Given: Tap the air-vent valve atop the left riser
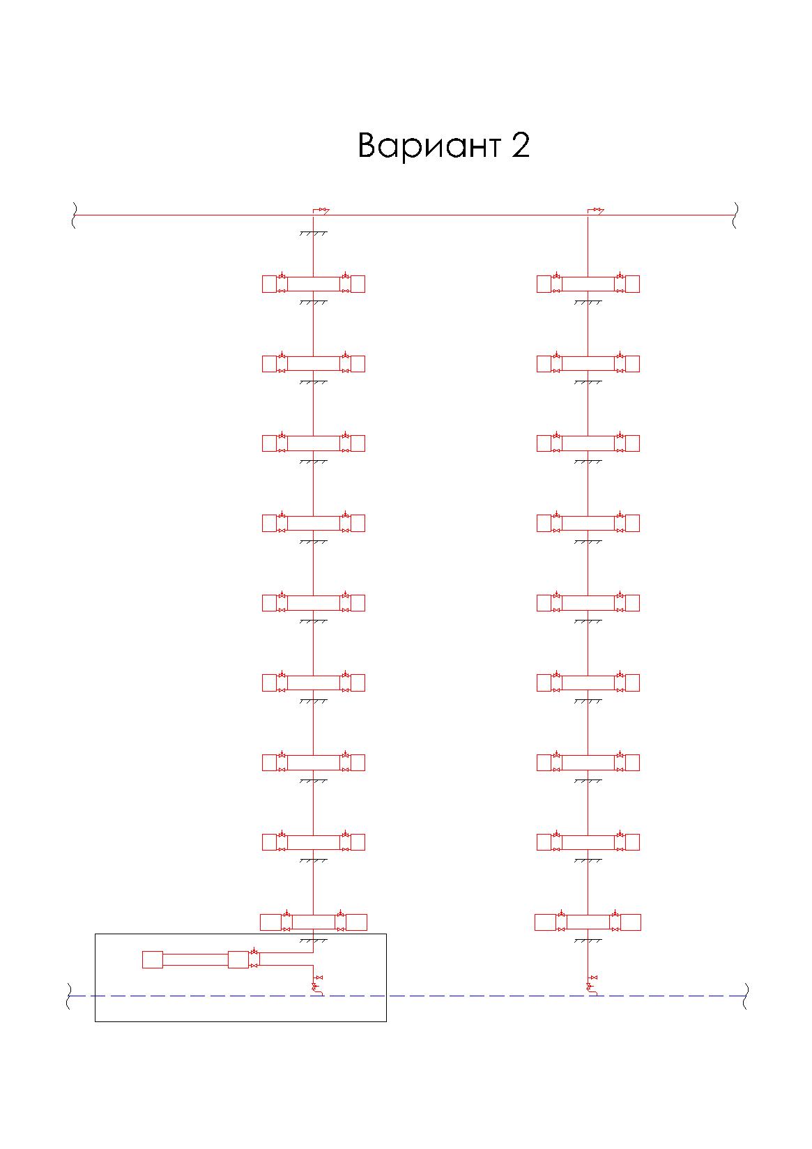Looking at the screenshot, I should click(321, 210).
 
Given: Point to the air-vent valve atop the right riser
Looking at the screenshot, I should click(596, 210).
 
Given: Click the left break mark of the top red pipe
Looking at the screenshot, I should click(73, 215).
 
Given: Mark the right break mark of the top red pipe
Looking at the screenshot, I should click(735, 215).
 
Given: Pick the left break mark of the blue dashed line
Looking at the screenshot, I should click(68, 996).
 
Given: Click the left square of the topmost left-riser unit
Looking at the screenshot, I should click(269, 284).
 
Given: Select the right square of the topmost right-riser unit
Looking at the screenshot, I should click(632, 284).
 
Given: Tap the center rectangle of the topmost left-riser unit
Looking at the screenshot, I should click(314, 284).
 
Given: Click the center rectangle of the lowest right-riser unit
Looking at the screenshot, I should click(588, 922).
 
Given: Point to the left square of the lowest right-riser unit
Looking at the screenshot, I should click(545, 922).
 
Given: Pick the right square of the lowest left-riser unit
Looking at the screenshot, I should click(356, 922).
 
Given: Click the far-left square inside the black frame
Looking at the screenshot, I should click(153, 960).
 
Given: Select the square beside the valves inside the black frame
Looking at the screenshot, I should click(238, 960).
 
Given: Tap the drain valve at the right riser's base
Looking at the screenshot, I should click(592, 983).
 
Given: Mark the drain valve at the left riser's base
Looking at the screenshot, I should click(317, 983).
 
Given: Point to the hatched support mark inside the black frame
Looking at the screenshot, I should click(314, 941).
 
